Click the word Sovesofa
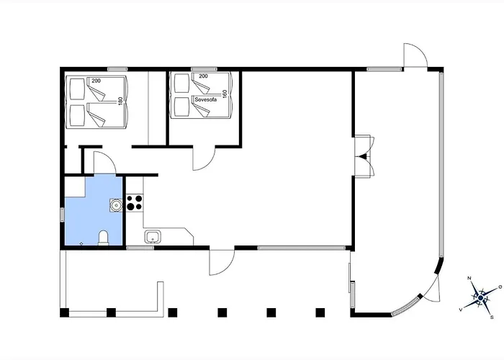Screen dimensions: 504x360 pyautogui.click(x=206, y=99)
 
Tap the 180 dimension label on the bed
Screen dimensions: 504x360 pyautogui.click(x=121, y=101)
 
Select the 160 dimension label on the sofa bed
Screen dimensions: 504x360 pyautogui.click(x=225, y=93)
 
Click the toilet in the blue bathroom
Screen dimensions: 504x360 pyautogui.click(x=103, y=238)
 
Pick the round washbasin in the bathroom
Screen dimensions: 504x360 pyautogui.click(x=116, y=205)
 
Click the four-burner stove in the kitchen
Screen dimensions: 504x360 pyautogui.click(x=135, y=203)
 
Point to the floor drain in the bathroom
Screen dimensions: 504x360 pyautogui.click(x=81, y=243)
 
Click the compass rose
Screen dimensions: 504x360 pyautogui.click(x=480, y=298)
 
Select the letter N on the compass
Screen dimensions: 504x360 pyautogui.click(x=469, y=279)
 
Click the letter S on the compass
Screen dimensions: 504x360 pyautogui.click(x=492, y=318)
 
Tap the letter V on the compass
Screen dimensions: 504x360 pyautogui.click(x=461, y=310)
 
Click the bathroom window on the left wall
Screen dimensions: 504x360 pyautogui.click(x=63, y=215)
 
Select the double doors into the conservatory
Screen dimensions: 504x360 pyautogui.click(x=364, y=156)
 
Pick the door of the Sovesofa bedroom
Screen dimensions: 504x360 pyautogui.click(x=204, y=158)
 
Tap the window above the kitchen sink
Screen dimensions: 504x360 pyautogui.click(x=140, y=248)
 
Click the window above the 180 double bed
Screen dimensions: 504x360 pyautogui.click(x=117, y=69)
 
